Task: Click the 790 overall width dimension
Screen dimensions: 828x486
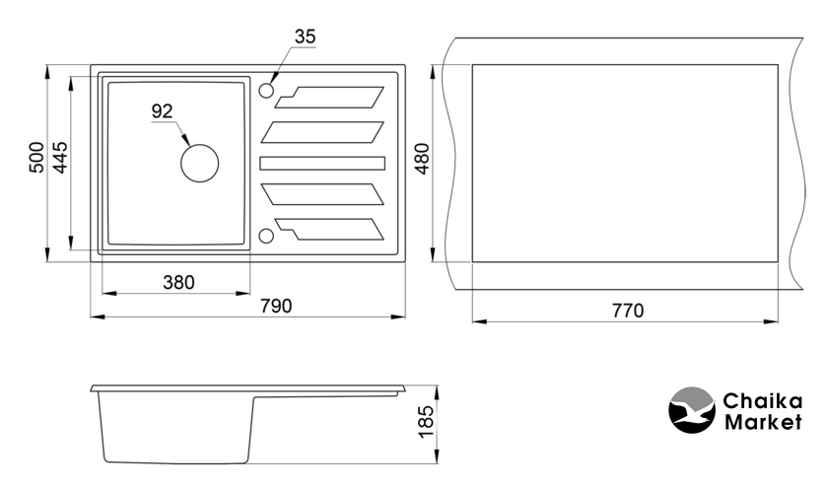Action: point(276,306)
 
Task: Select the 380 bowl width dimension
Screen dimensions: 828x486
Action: point(179,283)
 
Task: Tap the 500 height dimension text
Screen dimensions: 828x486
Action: point(36,157)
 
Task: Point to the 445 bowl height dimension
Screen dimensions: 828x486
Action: point(61,157)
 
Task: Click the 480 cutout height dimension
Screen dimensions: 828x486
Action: point(422,159)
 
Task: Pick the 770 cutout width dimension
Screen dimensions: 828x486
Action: point(628,311)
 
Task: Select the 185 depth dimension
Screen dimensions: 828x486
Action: point(426,421)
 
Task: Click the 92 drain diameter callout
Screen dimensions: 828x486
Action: point(162,111)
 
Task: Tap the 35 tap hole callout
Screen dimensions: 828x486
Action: point(305,36)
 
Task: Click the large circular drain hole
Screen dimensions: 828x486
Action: point(199,164)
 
